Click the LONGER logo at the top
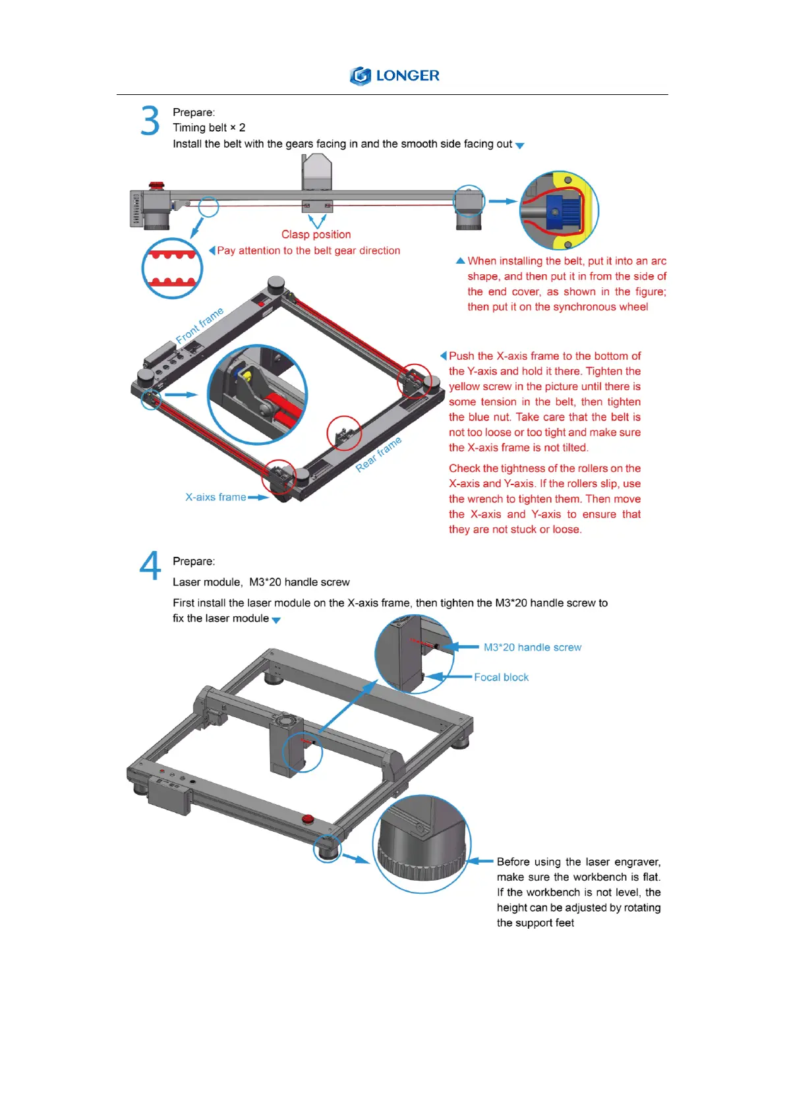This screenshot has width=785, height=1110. click(394, 76)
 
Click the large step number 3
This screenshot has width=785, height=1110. click(150, 121)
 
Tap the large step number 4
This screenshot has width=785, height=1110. click(150, 566)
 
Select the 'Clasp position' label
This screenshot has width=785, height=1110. click(316, 235)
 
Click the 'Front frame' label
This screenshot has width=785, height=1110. click(199, 326)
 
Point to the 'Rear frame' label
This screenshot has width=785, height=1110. click(378, 454)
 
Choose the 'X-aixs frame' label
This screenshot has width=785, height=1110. click(216, 497)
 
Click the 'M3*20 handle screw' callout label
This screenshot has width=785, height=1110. click(533, 647)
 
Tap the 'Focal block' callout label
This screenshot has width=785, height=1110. click(501, 677)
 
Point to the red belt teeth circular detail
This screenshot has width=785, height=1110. click(172, 268)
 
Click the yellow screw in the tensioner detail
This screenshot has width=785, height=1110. click(248, 376)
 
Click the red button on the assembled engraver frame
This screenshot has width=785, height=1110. click(308, 819)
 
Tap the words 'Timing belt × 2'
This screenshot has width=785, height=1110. click(209, 128)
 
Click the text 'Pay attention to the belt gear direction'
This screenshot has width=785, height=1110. click(308, 250)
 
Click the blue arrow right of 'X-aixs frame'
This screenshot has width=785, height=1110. click(258, 498)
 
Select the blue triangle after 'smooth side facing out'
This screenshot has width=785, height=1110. click(520, 146)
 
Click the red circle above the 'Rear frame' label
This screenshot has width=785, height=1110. click(344, 433)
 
